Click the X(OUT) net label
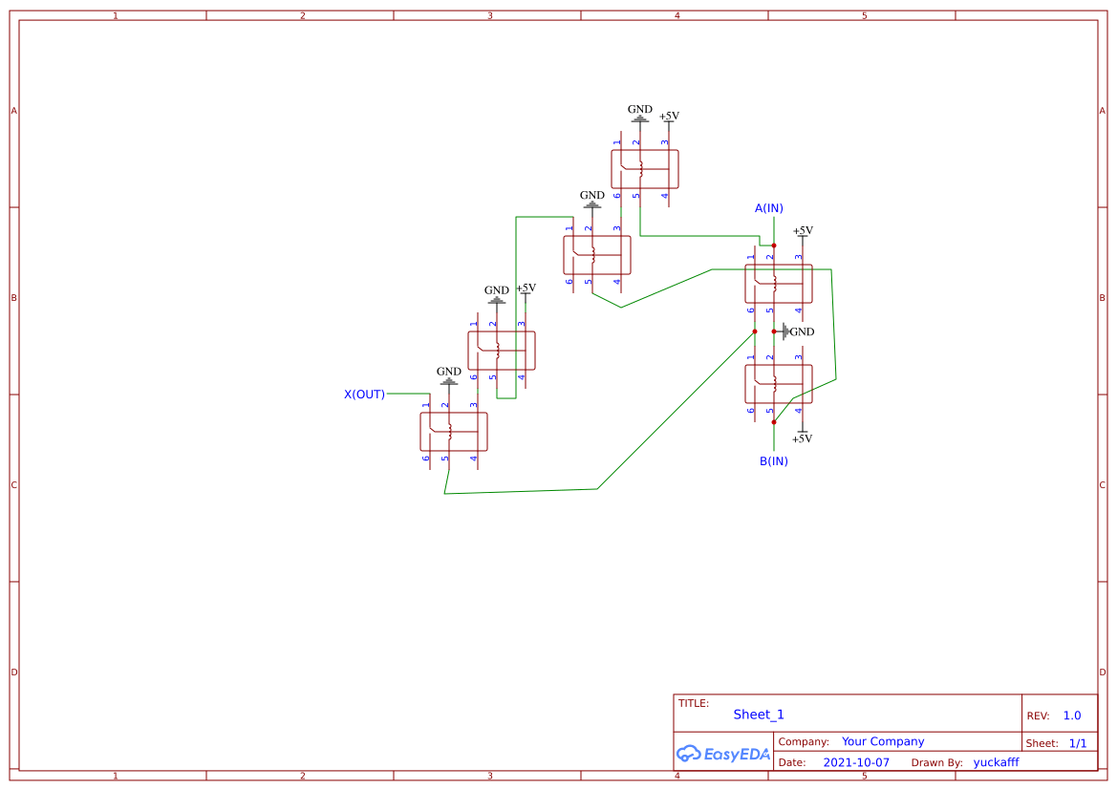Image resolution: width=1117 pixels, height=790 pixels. [364, 394]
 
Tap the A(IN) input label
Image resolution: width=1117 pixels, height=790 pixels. [769, 208]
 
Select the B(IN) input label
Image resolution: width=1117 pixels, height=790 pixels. [774, 461]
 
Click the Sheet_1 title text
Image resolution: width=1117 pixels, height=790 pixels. [759, 715]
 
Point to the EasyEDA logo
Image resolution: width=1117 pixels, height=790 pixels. [723, 754]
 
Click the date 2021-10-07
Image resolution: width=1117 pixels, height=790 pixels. [856, 762]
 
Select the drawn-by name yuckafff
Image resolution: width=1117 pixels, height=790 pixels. [997, 762]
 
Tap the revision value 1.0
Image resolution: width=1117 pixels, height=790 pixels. [1072, 715]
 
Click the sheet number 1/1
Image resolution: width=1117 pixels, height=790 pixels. [1077, 743]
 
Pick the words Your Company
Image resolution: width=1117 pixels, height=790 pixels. [883, 741]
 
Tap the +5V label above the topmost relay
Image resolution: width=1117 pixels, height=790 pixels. [669, 117]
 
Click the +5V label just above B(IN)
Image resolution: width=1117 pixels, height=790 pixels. [803, 438]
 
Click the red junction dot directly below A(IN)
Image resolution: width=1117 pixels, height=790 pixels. [774, 246]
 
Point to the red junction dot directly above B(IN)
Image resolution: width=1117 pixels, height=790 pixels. [774, 421]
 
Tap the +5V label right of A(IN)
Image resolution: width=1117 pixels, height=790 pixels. [803, 231]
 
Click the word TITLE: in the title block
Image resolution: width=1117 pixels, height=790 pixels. [694, 703]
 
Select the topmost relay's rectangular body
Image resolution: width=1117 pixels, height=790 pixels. [645, 169]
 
